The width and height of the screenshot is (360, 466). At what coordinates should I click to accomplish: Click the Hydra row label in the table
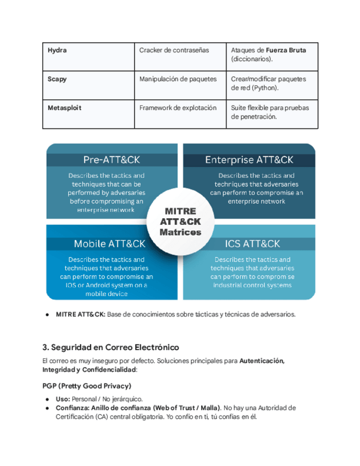(x=57, y=50)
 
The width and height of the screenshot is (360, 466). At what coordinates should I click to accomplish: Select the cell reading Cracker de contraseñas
(x=174, y=50)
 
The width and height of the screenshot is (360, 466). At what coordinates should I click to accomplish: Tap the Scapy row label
(x=57, y=79)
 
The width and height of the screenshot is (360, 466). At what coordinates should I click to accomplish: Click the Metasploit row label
(x=64, y=108)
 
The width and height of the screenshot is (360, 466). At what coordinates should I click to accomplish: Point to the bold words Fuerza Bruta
(x=286, y=50)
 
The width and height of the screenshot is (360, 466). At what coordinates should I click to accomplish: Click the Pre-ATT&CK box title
(x=112, y=160)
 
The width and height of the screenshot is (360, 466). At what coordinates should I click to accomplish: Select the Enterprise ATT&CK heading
(x=249, y=160)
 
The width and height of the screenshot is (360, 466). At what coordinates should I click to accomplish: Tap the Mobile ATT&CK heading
(x=110, y=243)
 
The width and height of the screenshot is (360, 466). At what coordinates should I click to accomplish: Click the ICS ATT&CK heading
(x=252, y=243)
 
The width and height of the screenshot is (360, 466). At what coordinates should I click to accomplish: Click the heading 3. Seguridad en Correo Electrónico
(x=110, y=348)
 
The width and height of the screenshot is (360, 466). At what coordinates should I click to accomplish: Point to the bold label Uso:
(x=63, y=398)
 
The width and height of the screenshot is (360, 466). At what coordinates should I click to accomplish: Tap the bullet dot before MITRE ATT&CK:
(x=48, y=315)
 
